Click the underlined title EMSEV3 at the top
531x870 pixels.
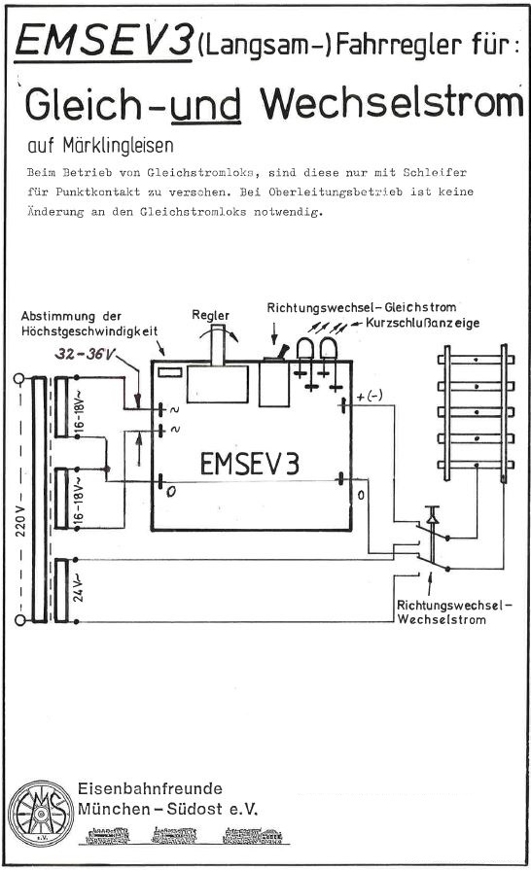(x=103, y=41)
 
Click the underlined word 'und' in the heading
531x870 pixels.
(x=205, y=105)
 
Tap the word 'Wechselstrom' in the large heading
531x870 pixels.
(x=392, y=103)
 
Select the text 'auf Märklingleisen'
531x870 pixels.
(x=100, y=146)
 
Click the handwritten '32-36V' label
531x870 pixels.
(x=84, y=354)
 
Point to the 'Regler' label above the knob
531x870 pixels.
(x=210, y=316)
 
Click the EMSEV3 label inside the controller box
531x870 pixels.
(x=249, y=464)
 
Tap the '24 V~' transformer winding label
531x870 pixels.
(x=80, y=590)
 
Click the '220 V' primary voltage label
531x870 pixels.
(x=20, y=520)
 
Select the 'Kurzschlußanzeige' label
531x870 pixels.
(x=422, y=323)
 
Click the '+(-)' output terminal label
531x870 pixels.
(x=370, y=397)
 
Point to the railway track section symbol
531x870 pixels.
(x=476, y=412)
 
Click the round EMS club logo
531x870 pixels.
(x=40, y=813)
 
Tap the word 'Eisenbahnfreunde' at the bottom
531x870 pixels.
(x=150, y=788)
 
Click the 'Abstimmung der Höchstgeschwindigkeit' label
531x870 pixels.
(x=89, y=324)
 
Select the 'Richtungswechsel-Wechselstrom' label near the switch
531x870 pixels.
(x=454, y=612)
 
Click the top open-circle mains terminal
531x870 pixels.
(x=18, y=379)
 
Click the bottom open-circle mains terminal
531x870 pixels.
(x=19, y=620)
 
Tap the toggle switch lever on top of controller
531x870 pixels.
(x=283, y=352)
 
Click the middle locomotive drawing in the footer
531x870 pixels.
(x=174, y=834)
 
